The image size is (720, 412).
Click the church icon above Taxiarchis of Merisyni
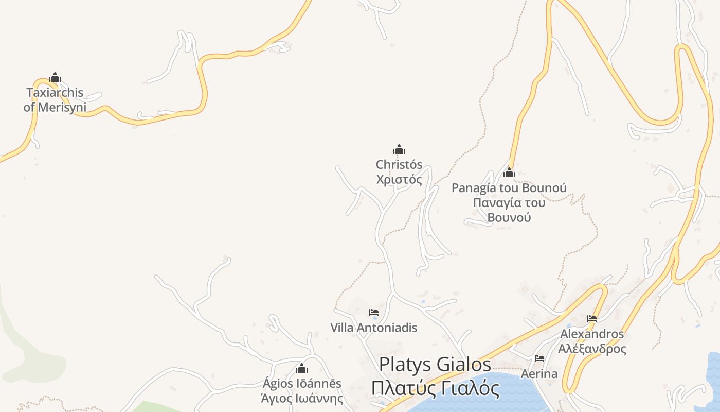[55, 78]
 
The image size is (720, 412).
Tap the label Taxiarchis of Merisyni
[55, 100]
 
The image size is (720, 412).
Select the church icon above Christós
[399, 150]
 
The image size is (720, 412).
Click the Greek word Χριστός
[399, 180]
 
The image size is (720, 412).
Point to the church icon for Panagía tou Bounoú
[509, 173]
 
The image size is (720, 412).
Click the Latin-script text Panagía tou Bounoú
[509, 188]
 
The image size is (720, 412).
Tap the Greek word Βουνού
[509, 217]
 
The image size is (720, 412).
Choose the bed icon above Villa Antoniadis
[374, 313]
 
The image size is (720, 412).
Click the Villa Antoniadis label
[374, 328]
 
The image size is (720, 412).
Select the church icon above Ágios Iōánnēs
[302, 369]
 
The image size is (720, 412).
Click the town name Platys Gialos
[435, 364]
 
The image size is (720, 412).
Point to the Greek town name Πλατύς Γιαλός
[435, 388]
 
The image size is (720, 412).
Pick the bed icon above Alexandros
[592, 319]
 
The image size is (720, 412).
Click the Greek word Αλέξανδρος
[592, 349]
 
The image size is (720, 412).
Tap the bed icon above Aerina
[539, 358]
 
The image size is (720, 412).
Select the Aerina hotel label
[539, 373]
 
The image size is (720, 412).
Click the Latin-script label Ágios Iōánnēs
[302, 384]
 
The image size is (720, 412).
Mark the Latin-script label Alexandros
[592, 334]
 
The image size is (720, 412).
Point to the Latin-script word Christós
[399, 165]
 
